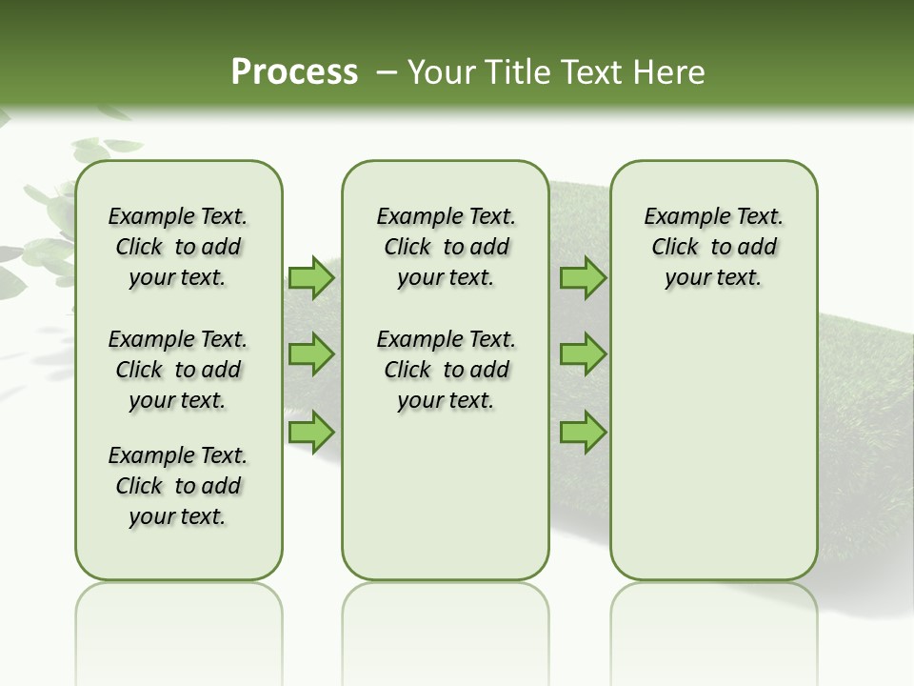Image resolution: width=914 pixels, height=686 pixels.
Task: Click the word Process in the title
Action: (294, 71)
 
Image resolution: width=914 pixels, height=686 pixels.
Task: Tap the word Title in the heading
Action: (518, 71)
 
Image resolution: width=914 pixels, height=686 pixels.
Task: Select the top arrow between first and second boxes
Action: (311, 278)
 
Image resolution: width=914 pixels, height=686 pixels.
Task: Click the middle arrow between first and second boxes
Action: (311, 354)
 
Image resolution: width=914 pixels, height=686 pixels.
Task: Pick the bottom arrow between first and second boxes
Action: (311, 432)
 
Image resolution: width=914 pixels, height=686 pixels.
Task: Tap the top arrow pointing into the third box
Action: (583, 278)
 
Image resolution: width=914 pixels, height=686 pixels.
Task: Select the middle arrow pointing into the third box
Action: (583, 354)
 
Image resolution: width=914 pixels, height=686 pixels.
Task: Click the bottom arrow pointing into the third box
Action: (583, 432)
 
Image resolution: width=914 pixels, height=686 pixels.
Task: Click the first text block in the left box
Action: (178, 247)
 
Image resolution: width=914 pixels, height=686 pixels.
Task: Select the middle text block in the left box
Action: (178, 370)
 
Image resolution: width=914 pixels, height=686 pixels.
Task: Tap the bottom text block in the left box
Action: (178, 486)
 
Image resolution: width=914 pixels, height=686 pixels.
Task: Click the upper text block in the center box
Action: (446, 247)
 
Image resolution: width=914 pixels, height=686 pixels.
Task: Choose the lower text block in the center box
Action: (446, 370)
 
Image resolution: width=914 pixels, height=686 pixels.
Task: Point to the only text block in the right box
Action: (713, 247)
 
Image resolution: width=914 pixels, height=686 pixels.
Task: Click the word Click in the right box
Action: (675, 247)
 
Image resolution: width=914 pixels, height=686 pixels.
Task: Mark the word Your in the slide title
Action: (439, 71)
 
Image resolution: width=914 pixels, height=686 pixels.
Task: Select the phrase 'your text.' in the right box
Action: (713, 278)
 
